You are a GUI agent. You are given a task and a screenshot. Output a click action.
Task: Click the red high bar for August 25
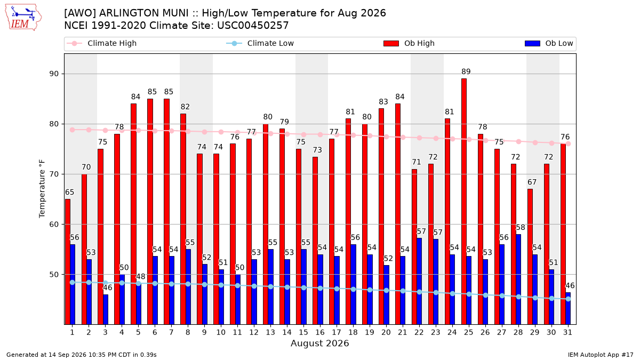(x=464, y=202)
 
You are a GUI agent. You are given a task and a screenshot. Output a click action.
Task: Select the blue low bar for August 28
(x=518, y=279)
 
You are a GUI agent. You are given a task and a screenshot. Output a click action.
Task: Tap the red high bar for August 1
(x=68, y=262)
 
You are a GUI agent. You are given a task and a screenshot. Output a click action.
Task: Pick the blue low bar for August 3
(x=106, y=309)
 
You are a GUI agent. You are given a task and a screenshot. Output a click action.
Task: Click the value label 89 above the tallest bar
(x=466, y=71)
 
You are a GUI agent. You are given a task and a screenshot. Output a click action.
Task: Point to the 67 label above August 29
(x=532, y=182)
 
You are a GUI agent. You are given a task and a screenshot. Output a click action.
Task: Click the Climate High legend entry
(x=102, y=43)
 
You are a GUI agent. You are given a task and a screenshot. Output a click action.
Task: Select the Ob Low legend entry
(x=549, y=43)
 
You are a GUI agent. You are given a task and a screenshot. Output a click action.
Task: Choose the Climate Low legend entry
(x=260, y=43)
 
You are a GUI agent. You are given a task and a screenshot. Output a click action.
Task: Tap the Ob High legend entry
(x=409, y=43)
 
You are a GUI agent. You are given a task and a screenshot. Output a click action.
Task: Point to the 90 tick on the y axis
(x=54, y=74)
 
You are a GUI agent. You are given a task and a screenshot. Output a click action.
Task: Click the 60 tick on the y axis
(x=54, y=225)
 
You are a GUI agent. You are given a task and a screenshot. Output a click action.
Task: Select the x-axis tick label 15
(x=303, y=332)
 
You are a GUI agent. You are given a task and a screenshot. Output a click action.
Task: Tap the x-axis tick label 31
(x=567, y=332)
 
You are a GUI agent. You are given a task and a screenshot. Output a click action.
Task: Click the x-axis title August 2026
(x=319, y=343)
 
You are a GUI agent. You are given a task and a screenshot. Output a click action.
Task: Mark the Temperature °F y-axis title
(x=42, y=189)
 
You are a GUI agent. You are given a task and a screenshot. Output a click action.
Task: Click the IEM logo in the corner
(x=23, y=17)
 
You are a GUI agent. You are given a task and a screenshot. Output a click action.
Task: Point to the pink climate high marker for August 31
(x=569, y=143)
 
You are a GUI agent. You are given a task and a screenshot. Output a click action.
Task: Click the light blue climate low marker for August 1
(x=73, y=282)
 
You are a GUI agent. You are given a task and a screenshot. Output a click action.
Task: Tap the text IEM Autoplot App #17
(x=601, y=355)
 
